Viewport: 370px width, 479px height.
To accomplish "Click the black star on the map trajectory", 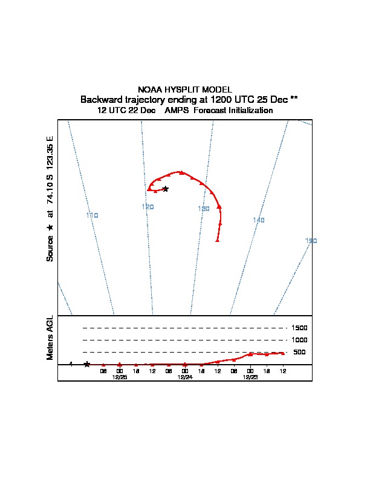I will coord(166,189).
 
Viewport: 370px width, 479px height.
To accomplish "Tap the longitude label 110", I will coord(92,215).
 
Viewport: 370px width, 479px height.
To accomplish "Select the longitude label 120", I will coord(148,207).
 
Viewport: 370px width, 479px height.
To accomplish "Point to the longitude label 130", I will coord(204,209).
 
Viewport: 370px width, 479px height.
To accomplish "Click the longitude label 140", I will coord(259,220).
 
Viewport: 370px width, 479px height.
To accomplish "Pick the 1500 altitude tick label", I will coord(300,328).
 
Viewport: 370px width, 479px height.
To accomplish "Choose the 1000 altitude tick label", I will coord(300,340).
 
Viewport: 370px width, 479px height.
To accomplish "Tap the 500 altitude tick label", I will coord(299,352).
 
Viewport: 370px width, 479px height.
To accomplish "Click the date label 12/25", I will coord(120,377).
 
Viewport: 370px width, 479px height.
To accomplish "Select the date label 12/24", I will coord(185,377).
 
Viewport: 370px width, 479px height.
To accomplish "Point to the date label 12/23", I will coord(250,377).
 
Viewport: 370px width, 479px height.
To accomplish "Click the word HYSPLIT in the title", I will coord(183,90).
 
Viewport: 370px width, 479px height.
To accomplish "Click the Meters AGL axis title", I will coord(50,337).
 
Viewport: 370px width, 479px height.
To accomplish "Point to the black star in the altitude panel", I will coord(87,364).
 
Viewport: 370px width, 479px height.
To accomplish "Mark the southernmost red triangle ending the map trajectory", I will coord(217,240).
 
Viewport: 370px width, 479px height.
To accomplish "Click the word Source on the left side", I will coord(50,249).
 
